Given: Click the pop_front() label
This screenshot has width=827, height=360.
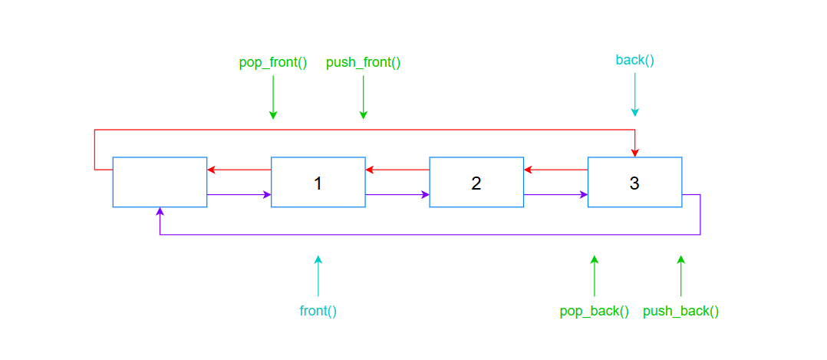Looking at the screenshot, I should [x=273, y=63].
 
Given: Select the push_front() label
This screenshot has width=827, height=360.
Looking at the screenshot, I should [x=364, y=63].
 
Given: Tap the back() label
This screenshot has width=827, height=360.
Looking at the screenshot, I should [x=634, y=60].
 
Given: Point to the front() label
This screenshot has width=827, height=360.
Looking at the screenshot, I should [x=318, y=311].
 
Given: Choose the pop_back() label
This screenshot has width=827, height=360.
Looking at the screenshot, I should [x=595, y=311].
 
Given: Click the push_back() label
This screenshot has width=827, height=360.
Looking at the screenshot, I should [x=680, y=311].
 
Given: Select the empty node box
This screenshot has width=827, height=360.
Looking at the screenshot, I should [x=160, y=182].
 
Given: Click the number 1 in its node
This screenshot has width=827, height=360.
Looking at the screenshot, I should [x=318, y=183].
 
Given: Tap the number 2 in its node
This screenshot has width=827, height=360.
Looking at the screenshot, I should [x=476, y=183].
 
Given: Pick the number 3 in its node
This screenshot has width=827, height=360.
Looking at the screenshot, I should [x=634, y=183].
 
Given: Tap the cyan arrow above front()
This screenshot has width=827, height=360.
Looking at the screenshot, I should [x=318, y=276].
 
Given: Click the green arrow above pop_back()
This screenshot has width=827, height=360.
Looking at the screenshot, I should [x=595, y=276].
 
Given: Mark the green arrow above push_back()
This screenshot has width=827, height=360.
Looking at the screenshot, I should [x=680, y=276].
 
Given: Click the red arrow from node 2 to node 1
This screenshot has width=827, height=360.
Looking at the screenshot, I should [x=397, y=170].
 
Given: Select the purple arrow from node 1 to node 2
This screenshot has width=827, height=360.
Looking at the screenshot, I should [x=397, y=194].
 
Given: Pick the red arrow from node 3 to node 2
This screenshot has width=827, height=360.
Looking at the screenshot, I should [x=555, y=170].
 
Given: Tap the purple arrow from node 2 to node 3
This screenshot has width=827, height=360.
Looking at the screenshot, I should [x=555, y=194].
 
